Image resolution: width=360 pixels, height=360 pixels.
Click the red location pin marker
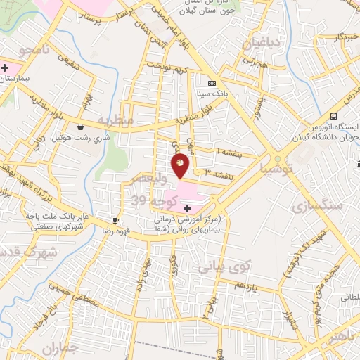tap(181, 166)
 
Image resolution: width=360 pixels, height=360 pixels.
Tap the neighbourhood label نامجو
tap(33, 50)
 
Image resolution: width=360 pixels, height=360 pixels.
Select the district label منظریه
tap(116, 120)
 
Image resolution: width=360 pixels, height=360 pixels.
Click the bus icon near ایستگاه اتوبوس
tap(334, 115)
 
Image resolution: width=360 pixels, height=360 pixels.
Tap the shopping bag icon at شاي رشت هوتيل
tap(82, 127)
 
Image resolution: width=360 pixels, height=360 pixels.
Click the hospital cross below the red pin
tap(187, 208)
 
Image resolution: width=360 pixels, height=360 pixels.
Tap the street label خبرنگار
tap(331, 35)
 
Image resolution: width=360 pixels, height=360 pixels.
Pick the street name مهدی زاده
tap(145, 268)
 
